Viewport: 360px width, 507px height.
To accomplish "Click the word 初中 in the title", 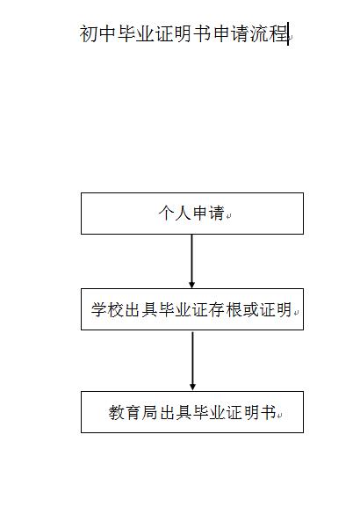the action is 98,33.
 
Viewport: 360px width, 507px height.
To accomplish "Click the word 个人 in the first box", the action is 175,214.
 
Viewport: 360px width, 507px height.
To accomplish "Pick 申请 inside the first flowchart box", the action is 208,214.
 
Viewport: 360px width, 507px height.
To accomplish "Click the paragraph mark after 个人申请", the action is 228,216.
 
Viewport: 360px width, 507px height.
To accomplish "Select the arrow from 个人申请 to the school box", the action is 191,261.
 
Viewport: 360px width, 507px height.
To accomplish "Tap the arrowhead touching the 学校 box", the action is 191,285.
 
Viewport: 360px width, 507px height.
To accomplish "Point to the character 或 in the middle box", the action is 251,309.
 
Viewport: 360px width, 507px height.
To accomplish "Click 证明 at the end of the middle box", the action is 277,309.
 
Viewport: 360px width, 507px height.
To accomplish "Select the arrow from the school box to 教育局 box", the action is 192,361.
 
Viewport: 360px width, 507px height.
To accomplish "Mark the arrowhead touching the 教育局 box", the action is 192,387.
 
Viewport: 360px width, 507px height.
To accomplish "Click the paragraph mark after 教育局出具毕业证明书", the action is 279,415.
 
